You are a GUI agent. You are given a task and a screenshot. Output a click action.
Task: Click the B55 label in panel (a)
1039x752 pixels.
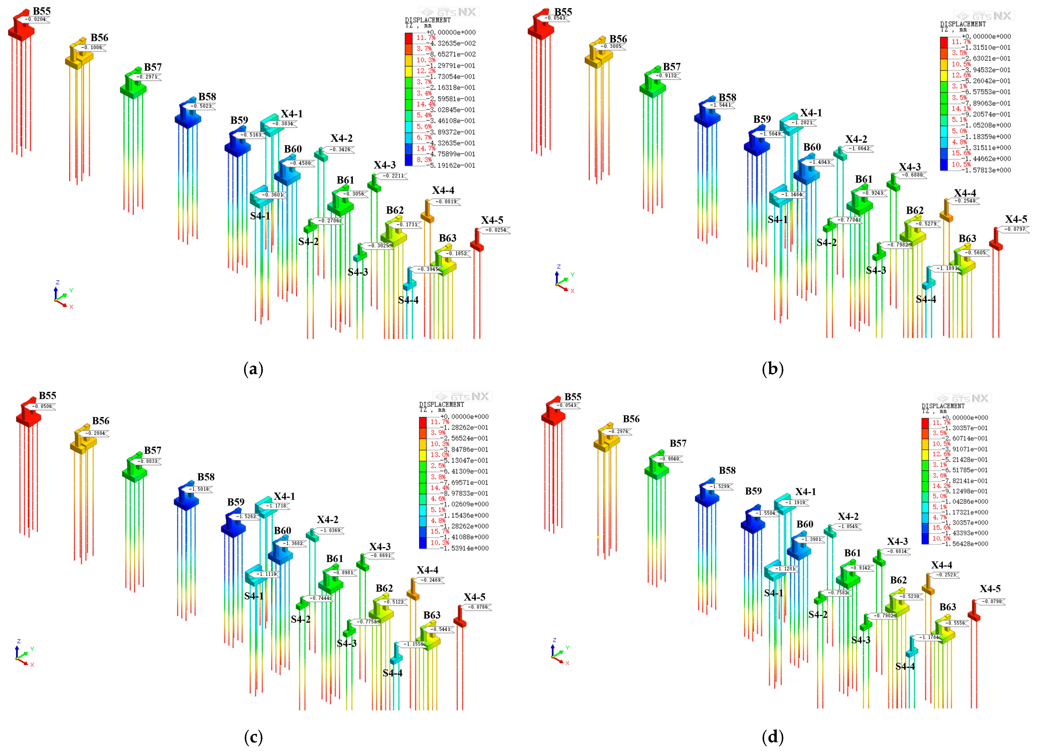[x=42, y=11]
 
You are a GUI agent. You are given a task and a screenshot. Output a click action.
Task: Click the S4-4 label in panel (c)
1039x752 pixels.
[x=393, y=673]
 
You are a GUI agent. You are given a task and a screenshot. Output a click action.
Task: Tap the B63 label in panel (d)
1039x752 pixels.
[x=947, y=607]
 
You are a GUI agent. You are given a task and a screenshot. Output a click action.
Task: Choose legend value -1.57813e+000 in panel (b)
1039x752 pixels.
[x=988, y=170]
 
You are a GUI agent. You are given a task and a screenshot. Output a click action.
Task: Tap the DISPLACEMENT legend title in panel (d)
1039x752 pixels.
[x=943, y=406]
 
